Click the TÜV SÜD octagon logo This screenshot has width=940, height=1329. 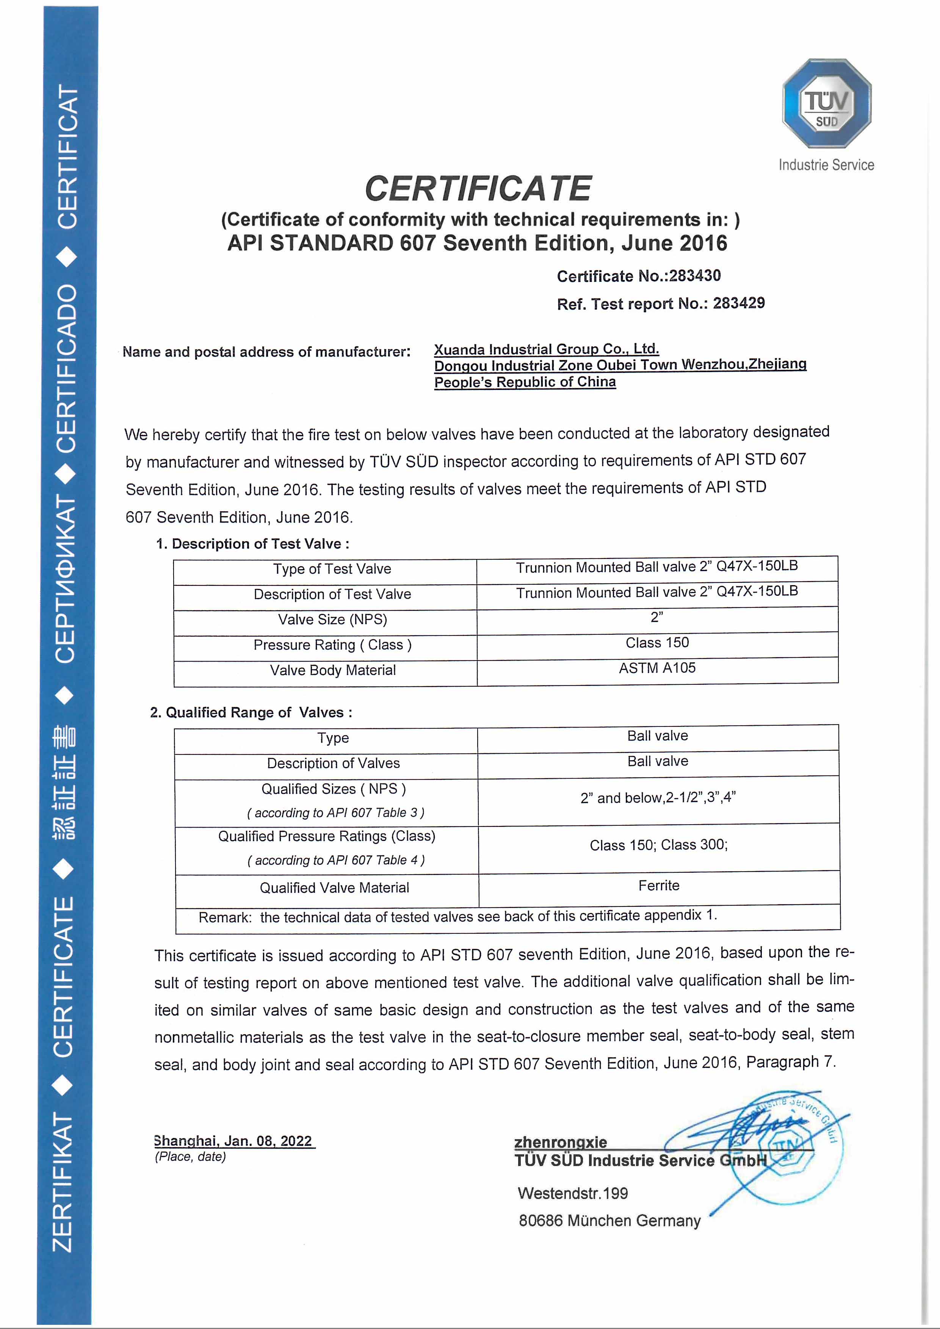827,103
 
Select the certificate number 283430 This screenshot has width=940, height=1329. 695,276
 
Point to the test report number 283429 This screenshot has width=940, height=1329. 739,303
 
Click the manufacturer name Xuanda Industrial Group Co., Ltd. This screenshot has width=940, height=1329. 547,349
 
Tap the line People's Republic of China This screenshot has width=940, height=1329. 525,382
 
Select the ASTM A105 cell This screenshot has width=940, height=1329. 657,668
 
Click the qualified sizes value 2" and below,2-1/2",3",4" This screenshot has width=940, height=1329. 658,798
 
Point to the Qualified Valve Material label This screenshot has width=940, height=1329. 334,888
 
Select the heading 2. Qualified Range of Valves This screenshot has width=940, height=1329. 251,712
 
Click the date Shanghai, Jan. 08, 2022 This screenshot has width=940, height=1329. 234,1141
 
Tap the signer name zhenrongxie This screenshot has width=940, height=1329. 560,1142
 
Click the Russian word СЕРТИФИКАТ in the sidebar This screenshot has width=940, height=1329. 65,579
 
